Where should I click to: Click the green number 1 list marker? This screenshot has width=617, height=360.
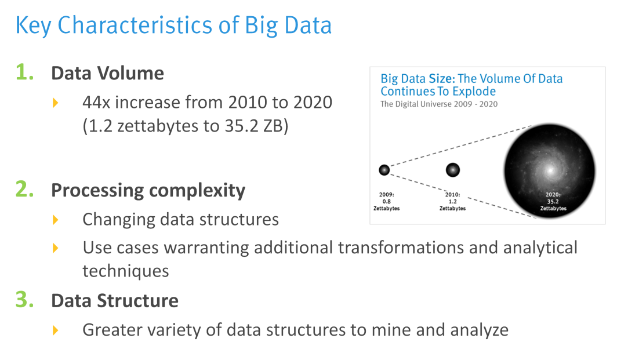point(24,72)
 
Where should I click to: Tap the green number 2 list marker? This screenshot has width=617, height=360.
point(24,189)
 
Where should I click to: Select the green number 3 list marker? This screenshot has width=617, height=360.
point(24,299)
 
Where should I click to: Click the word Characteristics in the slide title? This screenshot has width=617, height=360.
point(135,25)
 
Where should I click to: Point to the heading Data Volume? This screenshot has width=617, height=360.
point(107,73)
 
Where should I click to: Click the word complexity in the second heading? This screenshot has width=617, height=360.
point(197,191)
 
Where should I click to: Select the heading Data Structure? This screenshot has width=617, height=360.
point(115,301)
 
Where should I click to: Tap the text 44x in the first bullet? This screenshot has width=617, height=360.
point(96,102)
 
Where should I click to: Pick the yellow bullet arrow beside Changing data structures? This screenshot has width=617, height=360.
point(56,220)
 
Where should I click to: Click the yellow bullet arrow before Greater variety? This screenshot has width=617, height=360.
point(56,330)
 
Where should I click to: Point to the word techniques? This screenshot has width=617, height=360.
point(126,271)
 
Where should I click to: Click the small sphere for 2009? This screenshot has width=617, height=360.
point(384,170)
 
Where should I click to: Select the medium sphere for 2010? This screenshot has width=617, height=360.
point(452,170)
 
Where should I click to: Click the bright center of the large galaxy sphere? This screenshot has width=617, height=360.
point(550,170)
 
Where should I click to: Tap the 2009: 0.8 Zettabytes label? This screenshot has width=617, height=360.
point(386,201)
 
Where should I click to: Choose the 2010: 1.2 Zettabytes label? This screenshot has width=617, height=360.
point(452,201)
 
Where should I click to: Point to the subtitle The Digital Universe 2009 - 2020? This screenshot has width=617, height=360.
point(439,104)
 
